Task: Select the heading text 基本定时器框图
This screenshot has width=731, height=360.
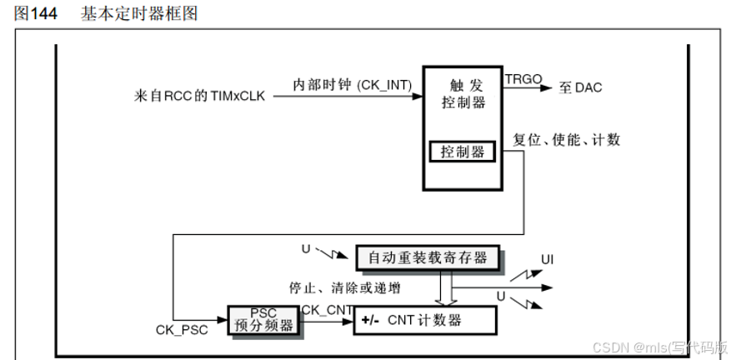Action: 139,14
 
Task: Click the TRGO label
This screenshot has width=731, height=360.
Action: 523,79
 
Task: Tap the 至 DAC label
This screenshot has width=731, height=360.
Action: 581,87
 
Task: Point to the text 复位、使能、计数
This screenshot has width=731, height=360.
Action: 566,139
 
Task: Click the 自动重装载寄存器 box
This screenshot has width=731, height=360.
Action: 428,257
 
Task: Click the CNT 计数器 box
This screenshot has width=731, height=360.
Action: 424,320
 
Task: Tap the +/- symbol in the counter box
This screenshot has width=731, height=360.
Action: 371,320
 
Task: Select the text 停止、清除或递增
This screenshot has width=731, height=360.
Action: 344,288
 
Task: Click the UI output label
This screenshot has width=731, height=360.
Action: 547,260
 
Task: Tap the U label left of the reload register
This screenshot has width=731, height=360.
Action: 305,247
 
